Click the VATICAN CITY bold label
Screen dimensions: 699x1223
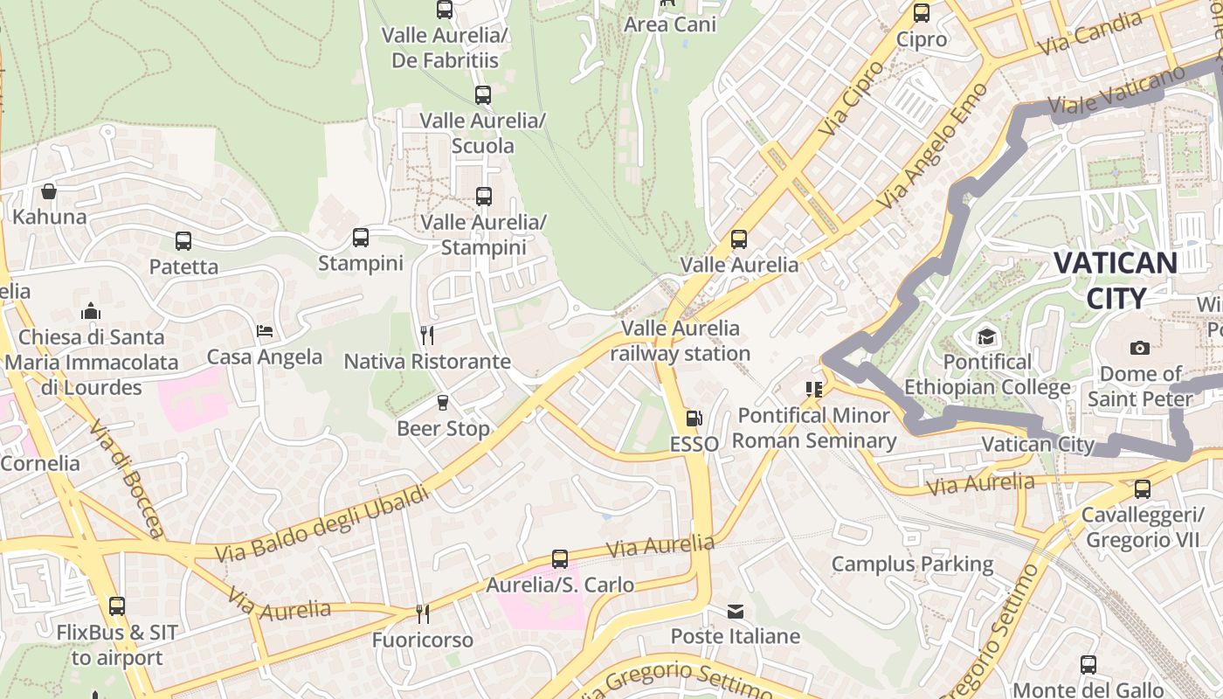click(1115, 280)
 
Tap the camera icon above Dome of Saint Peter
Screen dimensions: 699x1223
click(1140, 349)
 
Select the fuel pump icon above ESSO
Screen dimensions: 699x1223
click(694, 419)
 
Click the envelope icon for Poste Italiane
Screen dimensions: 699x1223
click(736, 611)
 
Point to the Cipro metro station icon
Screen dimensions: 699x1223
click(922, 13)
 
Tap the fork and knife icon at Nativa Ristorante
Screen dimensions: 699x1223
click(427, 336)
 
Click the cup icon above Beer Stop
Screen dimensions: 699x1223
click(443, 403)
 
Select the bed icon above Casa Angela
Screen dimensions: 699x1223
click(265, 331)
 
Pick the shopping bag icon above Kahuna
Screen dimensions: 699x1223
click(49, 191)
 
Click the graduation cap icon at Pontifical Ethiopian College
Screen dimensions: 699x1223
click(986, 336)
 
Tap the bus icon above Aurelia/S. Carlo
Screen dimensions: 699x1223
click(560, 559)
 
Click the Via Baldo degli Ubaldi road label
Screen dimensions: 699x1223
click(323, 524)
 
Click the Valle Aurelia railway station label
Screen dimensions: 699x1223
click(680, 341)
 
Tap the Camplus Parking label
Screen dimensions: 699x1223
click(912, 564)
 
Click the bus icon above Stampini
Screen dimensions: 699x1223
click(360, 238)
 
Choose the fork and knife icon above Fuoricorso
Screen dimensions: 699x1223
click(422, 614)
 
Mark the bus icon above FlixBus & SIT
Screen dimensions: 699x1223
click(117, 606)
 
